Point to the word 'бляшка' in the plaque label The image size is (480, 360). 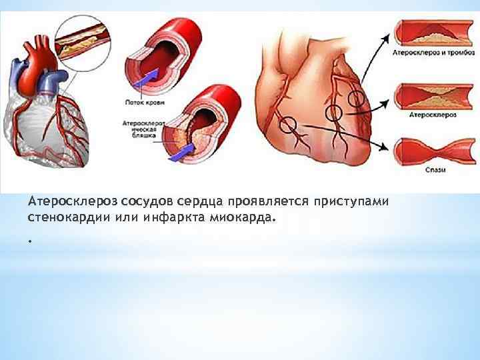[x=143, y=135]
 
